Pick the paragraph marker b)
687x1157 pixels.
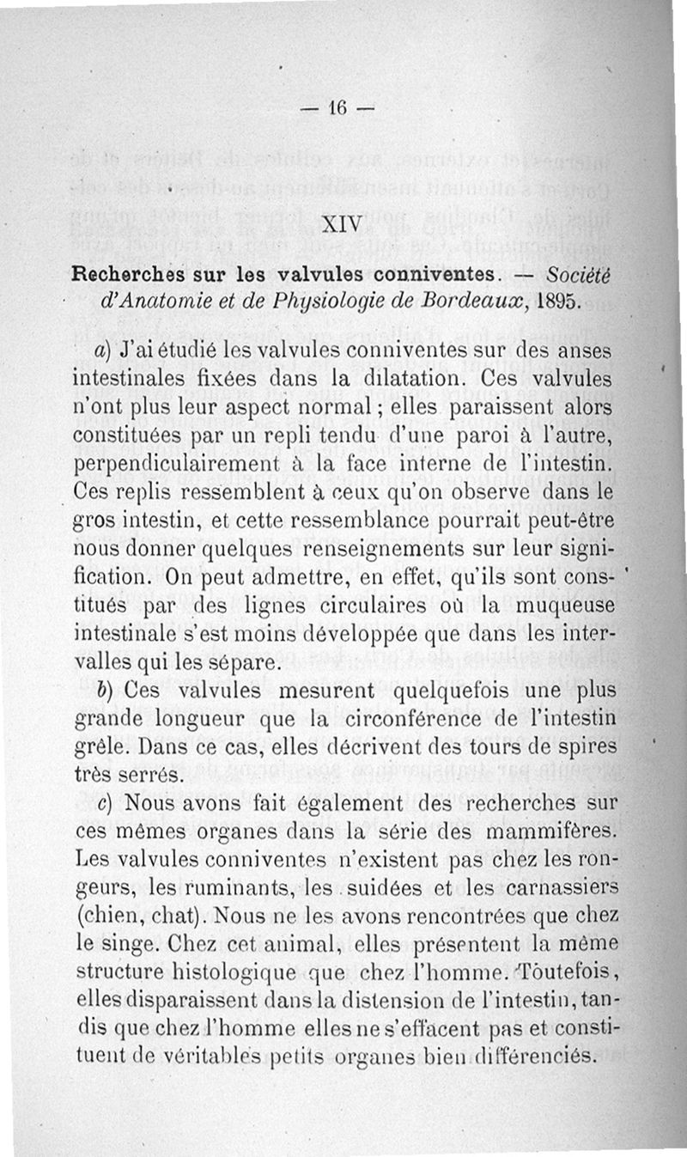(105, 689)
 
